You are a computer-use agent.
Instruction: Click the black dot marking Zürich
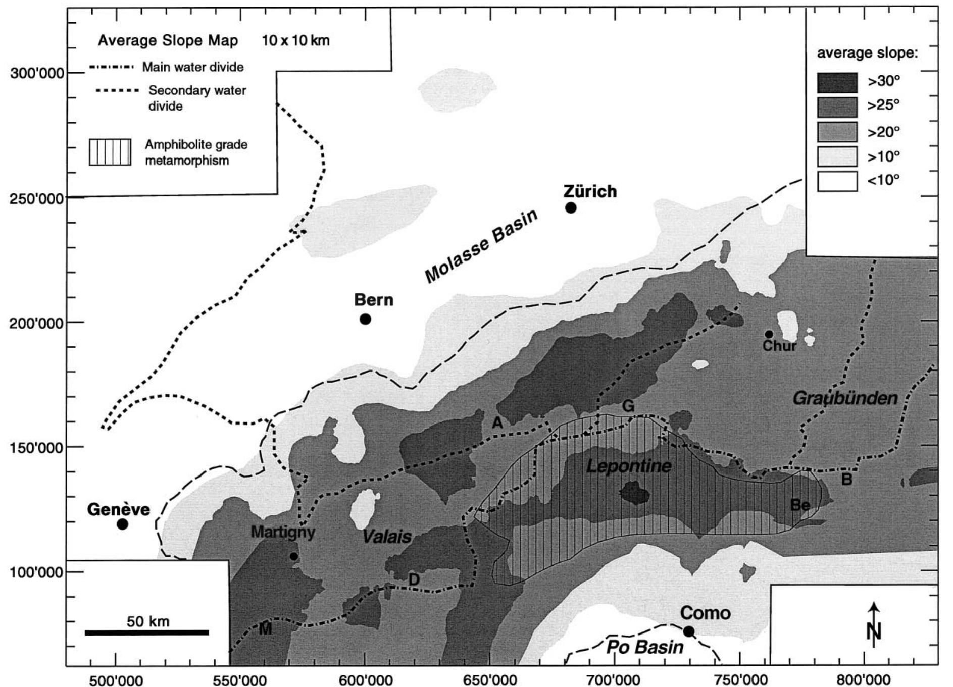pos(571,208)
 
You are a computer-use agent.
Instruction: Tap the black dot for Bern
pos(365,319)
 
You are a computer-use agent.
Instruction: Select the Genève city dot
pos(122,524)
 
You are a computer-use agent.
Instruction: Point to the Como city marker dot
pos(688,631)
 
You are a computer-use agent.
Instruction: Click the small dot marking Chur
pos(769,334)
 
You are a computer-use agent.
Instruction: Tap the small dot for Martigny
pos(294,556)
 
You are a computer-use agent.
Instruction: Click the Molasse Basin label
pos(481,246)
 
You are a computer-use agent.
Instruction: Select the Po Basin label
pos(645,647)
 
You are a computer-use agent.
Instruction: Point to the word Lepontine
pos(629,466)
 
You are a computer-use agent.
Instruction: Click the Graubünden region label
pos(845,398)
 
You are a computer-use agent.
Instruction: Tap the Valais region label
pos(387,537)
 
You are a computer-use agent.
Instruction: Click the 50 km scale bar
pos(146,632)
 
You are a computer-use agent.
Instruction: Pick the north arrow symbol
pos(874,624)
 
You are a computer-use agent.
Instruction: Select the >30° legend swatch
pos(837,82)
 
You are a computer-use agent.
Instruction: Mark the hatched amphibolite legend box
pos(110,152)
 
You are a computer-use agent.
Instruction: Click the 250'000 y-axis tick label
pos(36,198)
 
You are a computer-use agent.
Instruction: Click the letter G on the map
pos(628,406)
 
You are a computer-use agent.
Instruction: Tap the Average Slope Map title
pos(168,40)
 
